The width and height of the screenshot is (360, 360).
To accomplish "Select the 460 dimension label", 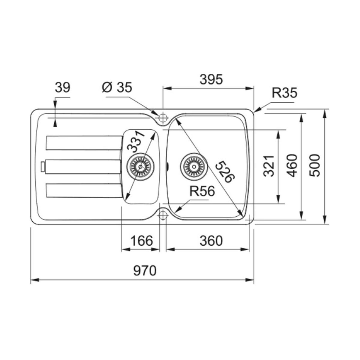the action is tap(292, 166).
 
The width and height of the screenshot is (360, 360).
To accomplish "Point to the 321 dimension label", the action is tap(268, 166).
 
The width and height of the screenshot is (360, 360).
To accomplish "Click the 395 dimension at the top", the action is tap(211, 79).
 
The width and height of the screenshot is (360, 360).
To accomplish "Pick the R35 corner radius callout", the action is tap(284, 93).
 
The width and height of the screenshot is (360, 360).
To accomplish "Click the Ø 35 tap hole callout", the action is tap(117, 87).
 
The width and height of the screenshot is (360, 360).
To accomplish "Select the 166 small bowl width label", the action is tap(141, 241).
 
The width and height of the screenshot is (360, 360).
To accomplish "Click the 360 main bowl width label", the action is tap(211, 241).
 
